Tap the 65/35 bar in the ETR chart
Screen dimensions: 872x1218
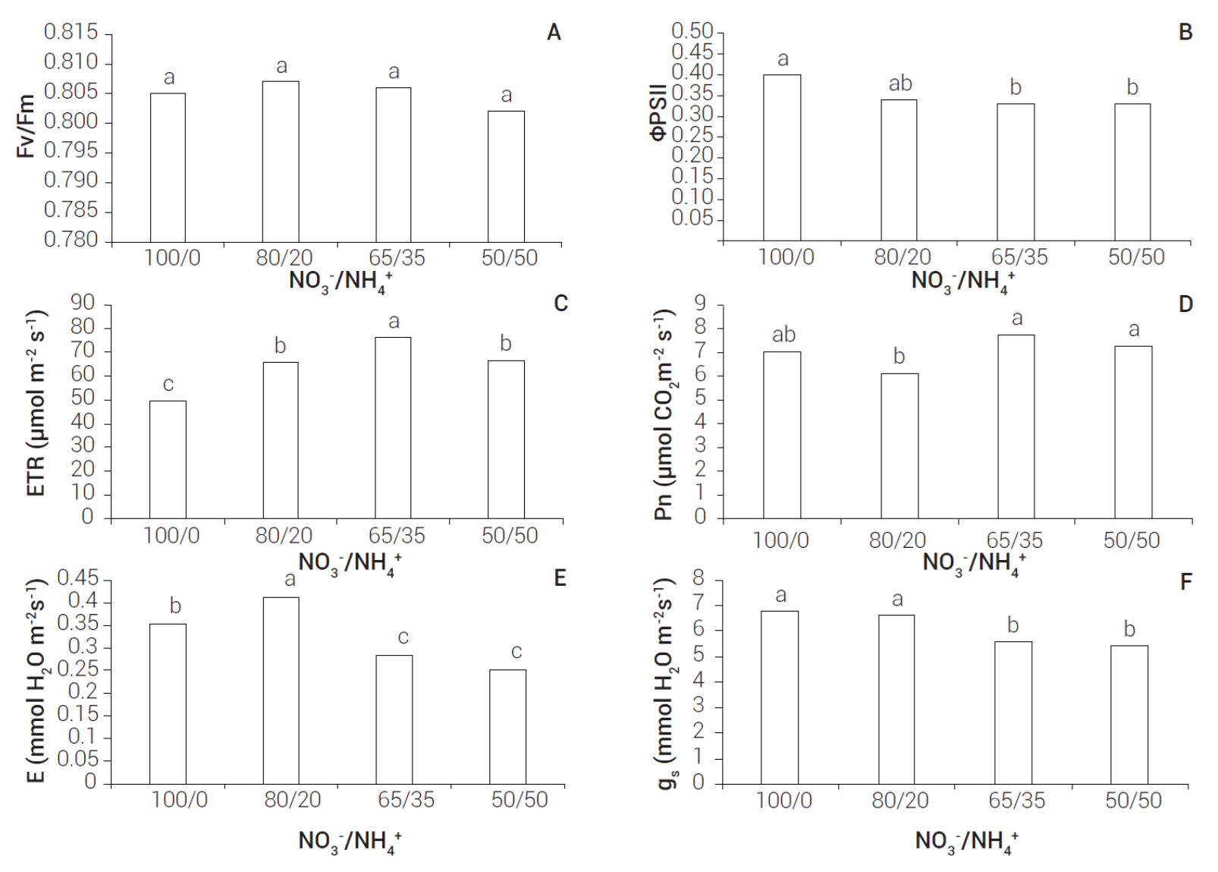tap(393, 428)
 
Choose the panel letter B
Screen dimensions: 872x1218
tap(1185, 33)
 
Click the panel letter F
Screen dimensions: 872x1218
tap(1186, 582)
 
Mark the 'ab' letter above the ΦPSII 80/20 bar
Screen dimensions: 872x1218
tap(900, 83)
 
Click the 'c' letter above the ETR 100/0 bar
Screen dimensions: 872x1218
tap(168, 385)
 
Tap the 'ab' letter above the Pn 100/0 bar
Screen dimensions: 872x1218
tap(783, 335)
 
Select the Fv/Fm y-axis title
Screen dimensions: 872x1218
tap(26, 126)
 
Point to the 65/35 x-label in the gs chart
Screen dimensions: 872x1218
tap(1016, 801)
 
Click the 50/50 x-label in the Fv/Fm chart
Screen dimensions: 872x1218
tap(509, 258)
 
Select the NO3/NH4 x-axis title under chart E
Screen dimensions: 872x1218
tap(350, 842)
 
